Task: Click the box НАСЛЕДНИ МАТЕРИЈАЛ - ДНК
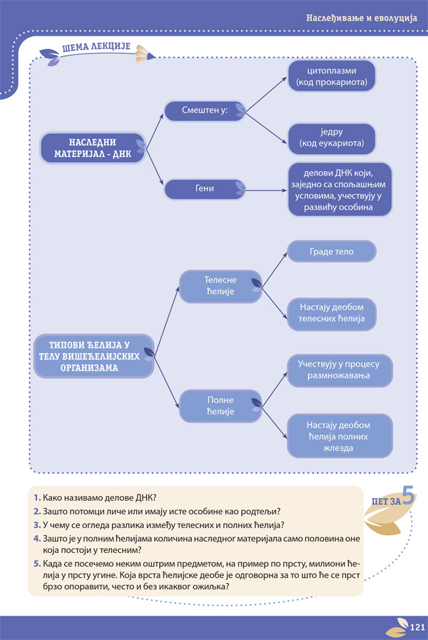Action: click(x=93, y=148)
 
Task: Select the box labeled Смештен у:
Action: click(x=205, y=111)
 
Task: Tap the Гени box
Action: click(x=205, y=189)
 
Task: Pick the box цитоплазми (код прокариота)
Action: click(x=332, y=76)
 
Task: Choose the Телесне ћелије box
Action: click(x=220, y=286)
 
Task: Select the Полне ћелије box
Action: click(x=220, y=406)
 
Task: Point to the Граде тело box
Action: click(x=332, y=251)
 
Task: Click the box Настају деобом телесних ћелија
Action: click(x=332, y=313)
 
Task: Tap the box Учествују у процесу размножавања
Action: click(x=340, y=370)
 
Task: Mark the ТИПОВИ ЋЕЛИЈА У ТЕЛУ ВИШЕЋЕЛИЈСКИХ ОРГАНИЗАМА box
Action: click(x=94, y=356)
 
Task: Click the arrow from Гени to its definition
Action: click(x=266, y=191)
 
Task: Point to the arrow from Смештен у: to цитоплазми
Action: click(x=266, y=94)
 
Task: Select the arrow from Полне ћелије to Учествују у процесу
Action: click(x=275, y=390)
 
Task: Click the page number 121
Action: click(x=417, y=627)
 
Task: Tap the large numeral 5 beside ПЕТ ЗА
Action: click(x=409, y=495)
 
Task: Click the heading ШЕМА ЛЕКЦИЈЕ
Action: click(x=96, y=47)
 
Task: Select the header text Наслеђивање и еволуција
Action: click(x=362, y=18)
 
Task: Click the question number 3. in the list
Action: click(x=37, y=525)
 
